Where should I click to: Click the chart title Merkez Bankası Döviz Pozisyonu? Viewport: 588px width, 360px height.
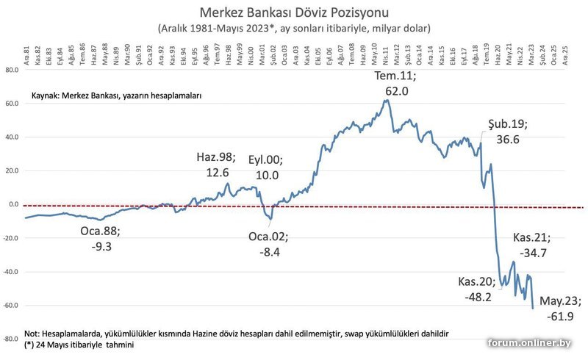[x=293, y=13]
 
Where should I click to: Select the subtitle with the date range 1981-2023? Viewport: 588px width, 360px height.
[x=293, y=28]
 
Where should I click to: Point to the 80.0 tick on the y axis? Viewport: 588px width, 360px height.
[x=11, y=70]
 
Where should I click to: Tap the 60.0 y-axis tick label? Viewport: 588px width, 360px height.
[x=11, y=104]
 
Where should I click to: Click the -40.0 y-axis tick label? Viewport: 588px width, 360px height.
[x=10, y=272]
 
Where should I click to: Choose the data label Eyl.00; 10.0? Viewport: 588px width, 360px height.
[x=264, y=168]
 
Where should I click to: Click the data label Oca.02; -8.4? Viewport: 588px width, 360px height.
[x=268, y=244]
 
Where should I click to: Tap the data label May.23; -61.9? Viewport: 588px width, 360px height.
[x=560, y=308]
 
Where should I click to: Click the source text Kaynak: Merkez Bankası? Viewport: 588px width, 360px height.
[x=116, y=96]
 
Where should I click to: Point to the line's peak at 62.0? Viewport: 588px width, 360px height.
[x=387, y=100]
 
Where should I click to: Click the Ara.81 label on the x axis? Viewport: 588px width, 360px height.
[x=26, y=56]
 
